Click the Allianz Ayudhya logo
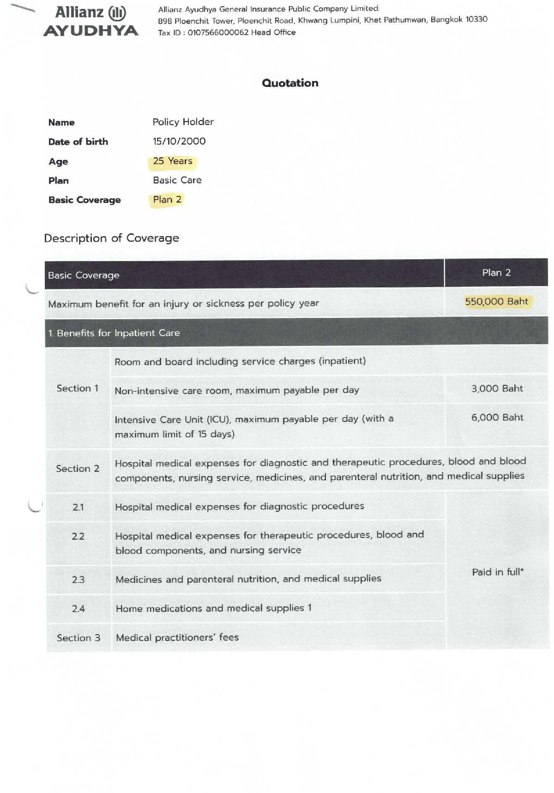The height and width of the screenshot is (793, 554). [91, 21]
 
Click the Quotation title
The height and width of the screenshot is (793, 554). [290, 83]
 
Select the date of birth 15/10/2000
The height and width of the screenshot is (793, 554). [179, 141]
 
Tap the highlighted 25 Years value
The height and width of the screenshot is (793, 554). [173, 161]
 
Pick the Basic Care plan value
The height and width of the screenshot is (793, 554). [177, 180]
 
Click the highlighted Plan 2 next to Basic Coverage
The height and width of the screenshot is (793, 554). [167, 200]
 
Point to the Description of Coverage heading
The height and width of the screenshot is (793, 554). [112, 238]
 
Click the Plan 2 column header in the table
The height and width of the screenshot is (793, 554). [496, 273]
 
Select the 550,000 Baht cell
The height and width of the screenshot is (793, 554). [496, 302]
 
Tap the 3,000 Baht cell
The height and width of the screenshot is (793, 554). [497, 389]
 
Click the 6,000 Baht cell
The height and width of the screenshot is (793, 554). [497, 418]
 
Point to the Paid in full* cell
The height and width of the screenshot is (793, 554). [498, 572]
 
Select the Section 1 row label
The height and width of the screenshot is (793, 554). [78, 389]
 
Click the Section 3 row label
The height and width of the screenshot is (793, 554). [78, 638]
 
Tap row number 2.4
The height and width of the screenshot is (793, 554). [78, 609]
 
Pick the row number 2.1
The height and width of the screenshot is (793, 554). [78, 507]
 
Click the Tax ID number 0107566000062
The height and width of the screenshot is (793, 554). [218, 32]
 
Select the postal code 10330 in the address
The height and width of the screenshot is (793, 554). [476, 19]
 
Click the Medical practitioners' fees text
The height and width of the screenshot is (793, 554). [177, 638]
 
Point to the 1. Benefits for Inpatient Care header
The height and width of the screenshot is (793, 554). [114, 333]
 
